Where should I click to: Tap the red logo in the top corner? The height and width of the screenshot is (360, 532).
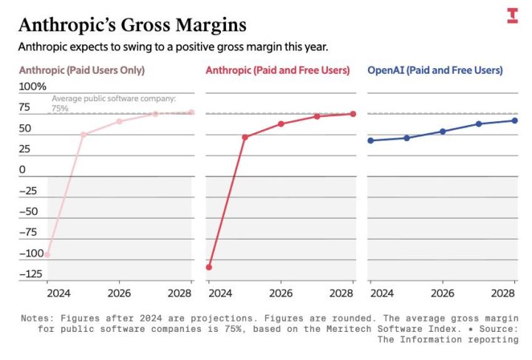point(512,15)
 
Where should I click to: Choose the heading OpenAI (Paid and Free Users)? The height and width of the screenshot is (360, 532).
point(435,70)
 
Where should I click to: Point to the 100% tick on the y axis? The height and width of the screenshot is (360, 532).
point(32,87)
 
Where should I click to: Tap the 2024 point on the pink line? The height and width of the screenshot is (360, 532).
point(47,254)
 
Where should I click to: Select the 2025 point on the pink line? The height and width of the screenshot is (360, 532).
point(83,135)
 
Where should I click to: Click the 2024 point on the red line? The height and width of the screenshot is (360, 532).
point(209,267)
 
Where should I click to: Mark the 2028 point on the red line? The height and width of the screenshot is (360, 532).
point(353,114)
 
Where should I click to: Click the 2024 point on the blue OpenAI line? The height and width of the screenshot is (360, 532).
point(370,140)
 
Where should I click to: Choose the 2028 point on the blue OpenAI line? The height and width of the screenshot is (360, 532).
point(514,120)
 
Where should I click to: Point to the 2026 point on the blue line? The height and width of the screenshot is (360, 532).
point(443,132)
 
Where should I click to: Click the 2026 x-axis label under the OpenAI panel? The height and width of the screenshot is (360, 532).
point(441,293)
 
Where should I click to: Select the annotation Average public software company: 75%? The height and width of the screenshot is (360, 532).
point(112,103)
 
